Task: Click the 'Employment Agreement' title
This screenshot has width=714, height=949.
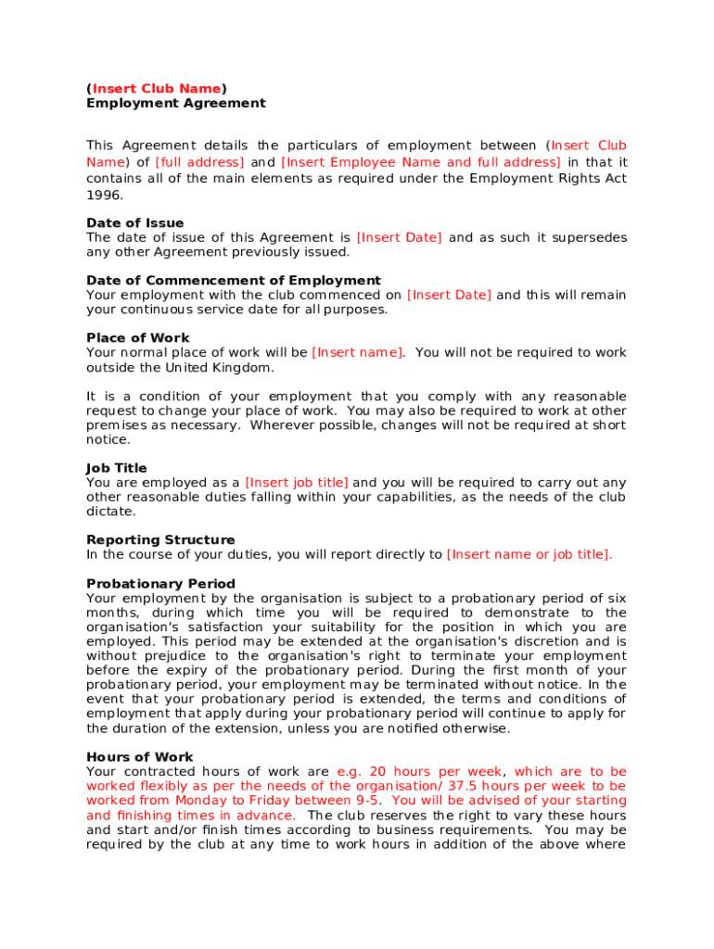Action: pos(175,103)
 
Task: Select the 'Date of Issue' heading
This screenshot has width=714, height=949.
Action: pos(134,223)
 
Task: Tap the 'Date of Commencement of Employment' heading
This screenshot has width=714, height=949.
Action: pos(233,281)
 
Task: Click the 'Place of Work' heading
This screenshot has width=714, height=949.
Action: pos(137,338)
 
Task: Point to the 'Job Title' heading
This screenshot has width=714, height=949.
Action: pos(116,468)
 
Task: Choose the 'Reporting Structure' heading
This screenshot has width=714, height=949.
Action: pos(160,540)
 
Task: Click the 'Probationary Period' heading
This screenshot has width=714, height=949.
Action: pos(160,584)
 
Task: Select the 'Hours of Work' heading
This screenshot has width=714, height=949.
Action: pos(139,757)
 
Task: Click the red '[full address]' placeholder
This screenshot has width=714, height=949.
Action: pos(199,162)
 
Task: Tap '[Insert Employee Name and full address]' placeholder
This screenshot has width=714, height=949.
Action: pos(420,162)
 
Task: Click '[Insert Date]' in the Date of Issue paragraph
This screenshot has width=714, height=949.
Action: pos(399,238)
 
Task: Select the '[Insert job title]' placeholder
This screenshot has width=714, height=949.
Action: pos(297,483)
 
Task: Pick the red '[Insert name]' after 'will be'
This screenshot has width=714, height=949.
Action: pos(357,353)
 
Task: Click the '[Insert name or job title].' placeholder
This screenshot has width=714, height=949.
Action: pos(529,555)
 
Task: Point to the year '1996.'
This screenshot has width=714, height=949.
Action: pos(104,196)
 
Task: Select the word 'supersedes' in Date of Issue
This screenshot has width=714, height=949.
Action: pos(589,238)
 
